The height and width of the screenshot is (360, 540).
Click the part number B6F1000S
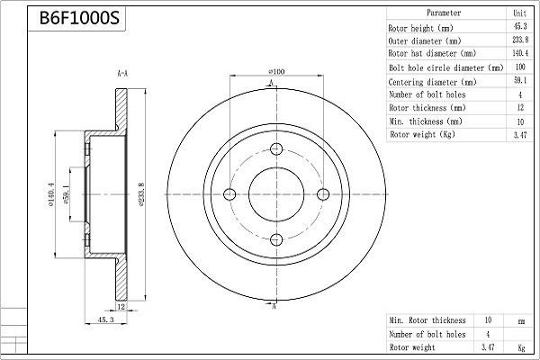79,18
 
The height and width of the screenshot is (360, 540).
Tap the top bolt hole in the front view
276,149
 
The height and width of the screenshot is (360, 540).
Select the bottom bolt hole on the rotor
276,239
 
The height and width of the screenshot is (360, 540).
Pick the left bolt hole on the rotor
229,194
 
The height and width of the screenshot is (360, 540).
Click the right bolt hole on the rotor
323,194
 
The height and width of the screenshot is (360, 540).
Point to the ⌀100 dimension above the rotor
276,72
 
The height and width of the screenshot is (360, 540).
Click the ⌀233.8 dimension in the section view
141,194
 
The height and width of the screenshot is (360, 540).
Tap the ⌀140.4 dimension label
51,194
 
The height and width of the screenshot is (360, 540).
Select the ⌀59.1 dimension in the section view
67,194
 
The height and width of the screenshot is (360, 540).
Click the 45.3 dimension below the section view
105,319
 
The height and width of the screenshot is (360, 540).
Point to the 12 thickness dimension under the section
121,306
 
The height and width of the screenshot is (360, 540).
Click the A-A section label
122,74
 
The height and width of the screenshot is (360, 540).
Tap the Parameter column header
444,13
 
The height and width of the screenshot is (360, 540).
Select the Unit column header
520,13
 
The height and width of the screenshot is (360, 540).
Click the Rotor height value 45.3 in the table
520,26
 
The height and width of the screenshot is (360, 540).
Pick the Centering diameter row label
433,82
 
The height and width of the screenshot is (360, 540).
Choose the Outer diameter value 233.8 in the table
520,40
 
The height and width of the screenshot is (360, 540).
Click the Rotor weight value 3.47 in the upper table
520,135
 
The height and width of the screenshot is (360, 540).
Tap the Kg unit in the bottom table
521,348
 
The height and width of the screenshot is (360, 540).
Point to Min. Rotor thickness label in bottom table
427,320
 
